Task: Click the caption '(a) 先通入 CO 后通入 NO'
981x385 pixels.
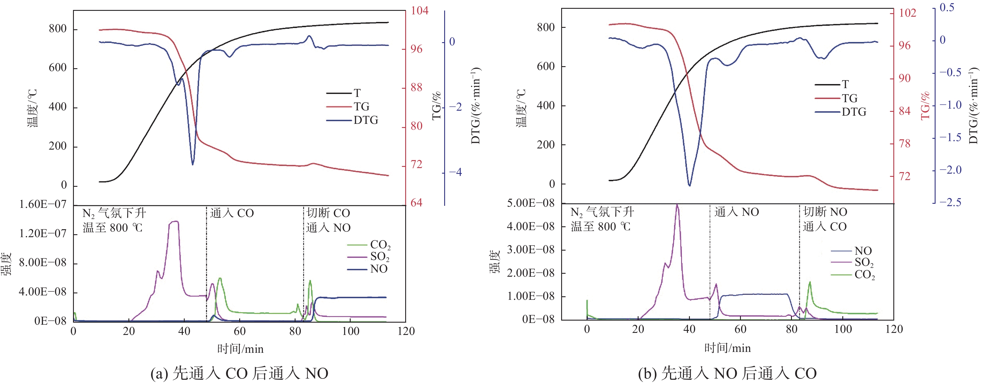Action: [239, 373]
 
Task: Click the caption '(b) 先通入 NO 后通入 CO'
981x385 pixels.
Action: [727, 373]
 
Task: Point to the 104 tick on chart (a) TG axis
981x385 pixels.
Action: [419, 10]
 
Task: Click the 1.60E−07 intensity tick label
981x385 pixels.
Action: [43, 204]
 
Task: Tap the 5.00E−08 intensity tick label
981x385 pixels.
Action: [530, 203]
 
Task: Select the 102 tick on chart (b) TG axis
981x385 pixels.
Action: [907, 13]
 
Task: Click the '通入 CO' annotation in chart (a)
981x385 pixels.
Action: [232, 213]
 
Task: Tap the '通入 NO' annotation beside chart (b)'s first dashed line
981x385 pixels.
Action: [736, 212]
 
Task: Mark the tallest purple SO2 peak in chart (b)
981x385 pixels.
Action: [677, 206]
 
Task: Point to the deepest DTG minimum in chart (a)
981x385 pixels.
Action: [193, 164]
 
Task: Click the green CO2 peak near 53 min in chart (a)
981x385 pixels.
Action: [220, 279]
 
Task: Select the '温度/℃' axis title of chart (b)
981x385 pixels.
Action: [521, 108]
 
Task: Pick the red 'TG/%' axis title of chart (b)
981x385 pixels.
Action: [925, 106]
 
